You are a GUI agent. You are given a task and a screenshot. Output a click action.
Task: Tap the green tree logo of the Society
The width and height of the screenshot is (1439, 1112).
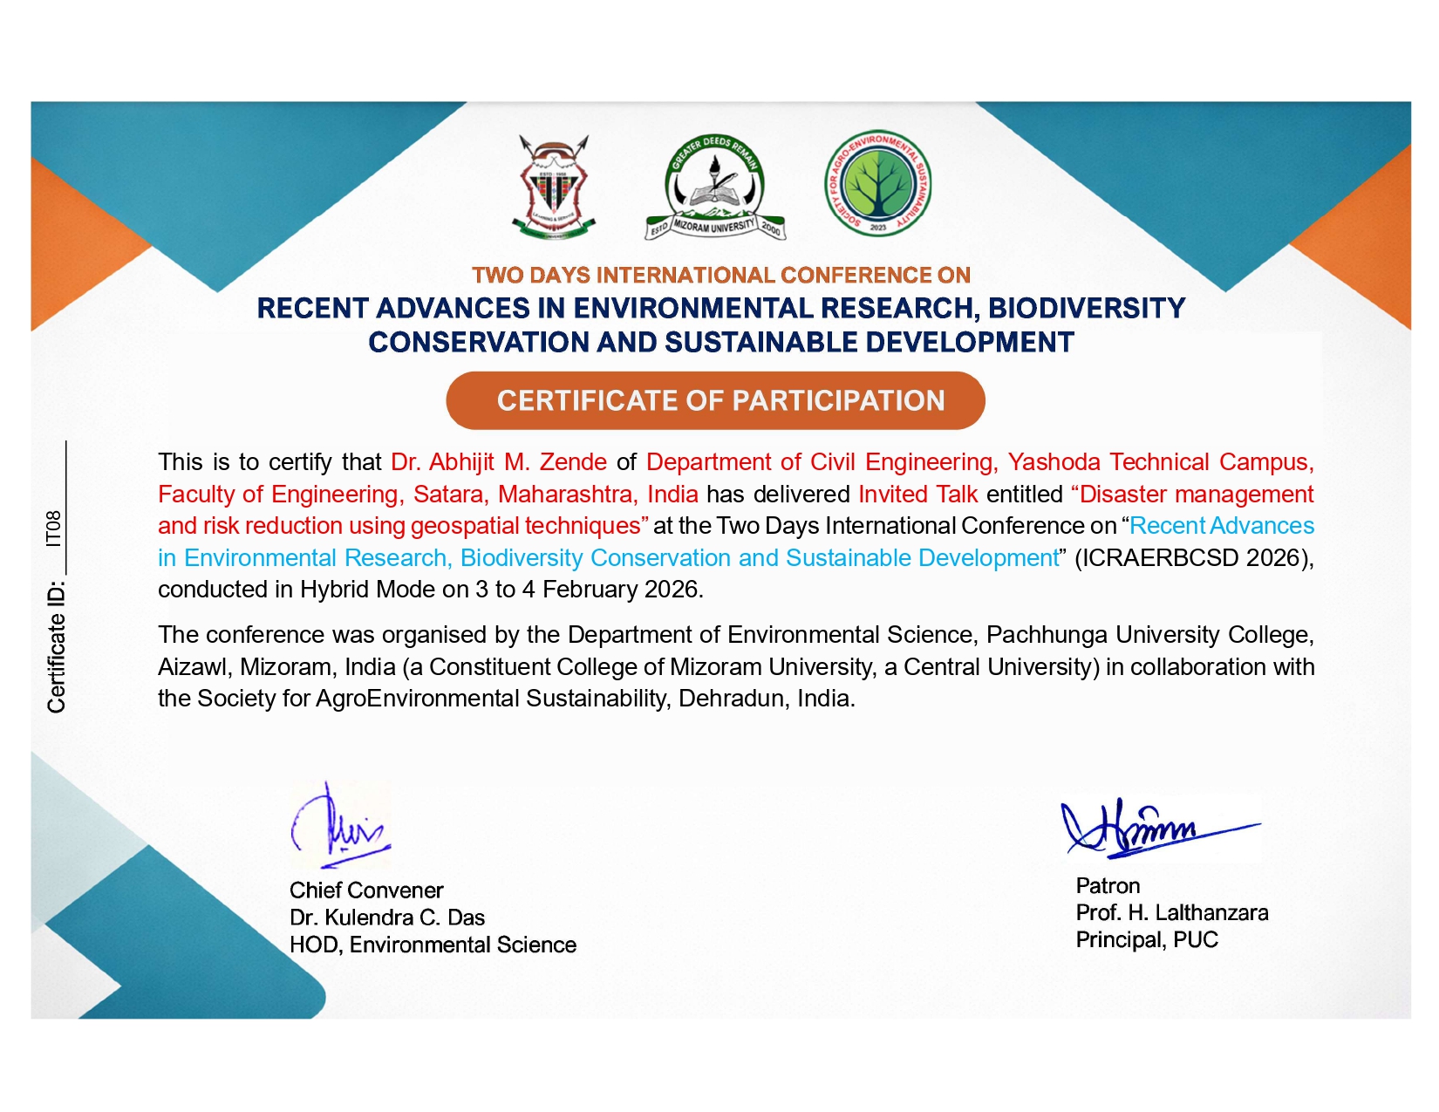(x=877, y=183)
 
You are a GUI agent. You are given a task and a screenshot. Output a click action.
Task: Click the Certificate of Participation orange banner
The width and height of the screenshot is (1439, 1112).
(x=715, y=400)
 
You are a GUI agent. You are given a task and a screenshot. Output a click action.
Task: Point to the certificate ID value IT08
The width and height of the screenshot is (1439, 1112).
(x=55, y=529)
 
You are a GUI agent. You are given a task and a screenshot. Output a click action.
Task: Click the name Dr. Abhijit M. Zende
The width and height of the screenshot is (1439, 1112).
(x=499, y=462)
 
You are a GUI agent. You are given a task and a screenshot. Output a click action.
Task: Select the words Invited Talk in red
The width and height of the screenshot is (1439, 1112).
(x=917, y=495)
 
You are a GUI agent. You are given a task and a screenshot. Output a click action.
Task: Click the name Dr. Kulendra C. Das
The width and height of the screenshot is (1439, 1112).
(x=387, y=918)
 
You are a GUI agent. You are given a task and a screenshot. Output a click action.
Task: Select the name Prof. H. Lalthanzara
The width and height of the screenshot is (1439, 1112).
(x=1171, y=913)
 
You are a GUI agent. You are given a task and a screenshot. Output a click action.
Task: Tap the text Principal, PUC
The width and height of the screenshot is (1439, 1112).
(x=1147, y=940)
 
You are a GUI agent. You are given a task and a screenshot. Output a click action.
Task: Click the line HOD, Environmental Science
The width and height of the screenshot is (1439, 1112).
(x=433, y=945)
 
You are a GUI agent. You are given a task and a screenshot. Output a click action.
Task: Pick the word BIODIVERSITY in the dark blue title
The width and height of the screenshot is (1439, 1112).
(x=1087, y=309)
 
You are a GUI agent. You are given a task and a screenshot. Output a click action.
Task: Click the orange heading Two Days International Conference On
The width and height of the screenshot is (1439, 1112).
(x=720, y=276)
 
